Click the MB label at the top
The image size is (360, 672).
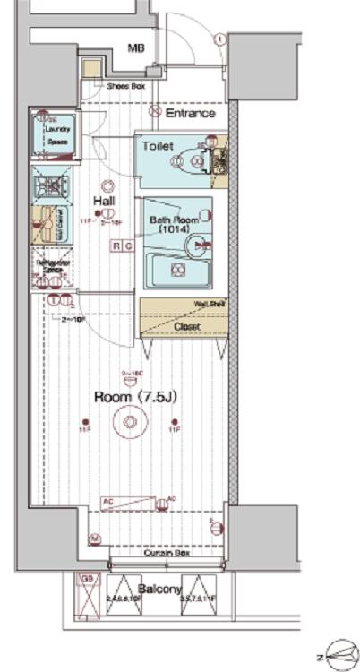[x=135, y=48]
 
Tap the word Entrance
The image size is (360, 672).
[x=190, y=114]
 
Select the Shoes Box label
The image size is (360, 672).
[x=124, y=87]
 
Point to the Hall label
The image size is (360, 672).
[x=106, y=202]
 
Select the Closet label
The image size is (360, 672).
[x=186, y=327]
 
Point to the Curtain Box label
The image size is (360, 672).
[x=166, y=554]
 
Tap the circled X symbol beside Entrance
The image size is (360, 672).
[x=154, y=114]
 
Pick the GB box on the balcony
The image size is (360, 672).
[x=87, y=579]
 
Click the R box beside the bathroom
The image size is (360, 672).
[x=116, y=246]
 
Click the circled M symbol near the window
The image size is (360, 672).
[x=95, y=538]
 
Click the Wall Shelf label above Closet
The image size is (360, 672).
[x=209, y=305]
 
